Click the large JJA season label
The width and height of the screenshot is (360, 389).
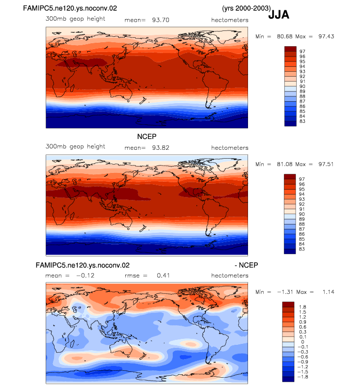[279, 15]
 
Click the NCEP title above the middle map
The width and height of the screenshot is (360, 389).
[147, 137]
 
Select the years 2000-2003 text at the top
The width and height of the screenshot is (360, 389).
[247, 8]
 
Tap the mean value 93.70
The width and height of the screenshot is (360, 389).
[161, 20]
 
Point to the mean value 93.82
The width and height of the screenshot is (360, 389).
[161, 148]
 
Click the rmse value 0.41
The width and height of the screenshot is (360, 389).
[163, 276]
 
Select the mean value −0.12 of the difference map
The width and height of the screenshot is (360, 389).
[85, 276]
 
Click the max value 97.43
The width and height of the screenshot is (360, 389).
[326, 36]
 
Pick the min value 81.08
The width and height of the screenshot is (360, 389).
[285, 164]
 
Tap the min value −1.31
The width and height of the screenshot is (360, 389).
[285, 292]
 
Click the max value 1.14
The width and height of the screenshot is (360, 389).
[328, 292]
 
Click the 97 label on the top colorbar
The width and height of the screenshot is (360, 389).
[302, 52]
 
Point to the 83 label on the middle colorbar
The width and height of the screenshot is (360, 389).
[302, 249]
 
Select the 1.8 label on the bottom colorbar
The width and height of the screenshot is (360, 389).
[303, 307]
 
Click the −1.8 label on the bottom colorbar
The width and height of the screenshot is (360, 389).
[303, 377]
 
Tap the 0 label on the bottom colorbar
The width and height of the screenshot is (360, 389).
[303, 342]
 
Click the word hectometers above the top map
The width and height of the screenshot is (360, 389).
[230, 20]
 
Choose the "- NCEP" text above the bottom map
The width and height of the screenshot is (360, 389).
[247, 265]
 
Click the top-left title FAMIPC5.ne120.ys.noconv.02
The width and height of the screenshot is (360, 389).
[70, 8]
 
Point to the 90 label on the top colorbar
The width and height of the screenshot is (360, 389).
[302, 86]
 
